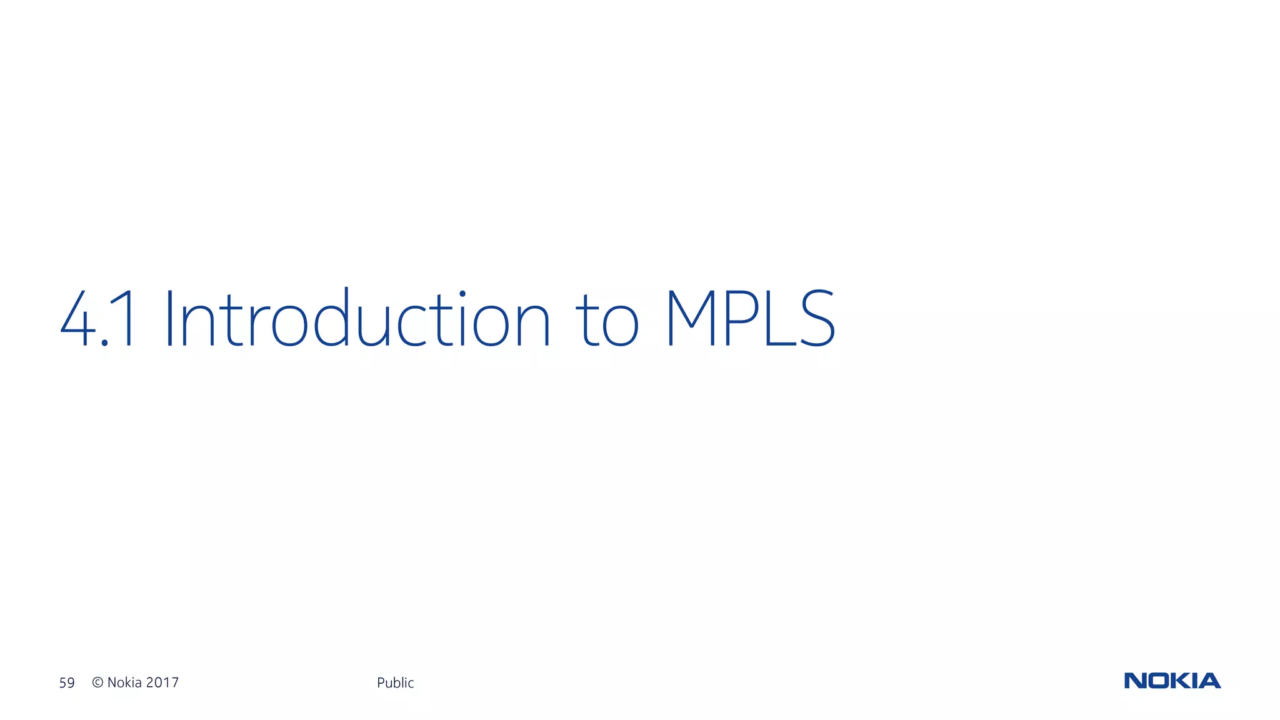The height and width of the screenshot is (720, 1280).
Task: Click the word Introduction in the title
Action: click(x=357, y=318)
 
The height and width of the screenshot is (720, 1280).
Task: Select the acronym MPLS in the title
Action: click(x=750, y=318)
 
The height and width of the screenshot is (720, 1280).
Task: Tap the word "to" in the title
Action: click(x=610, y=322)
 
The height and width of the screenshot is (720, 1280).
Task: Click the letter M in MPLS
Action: click(x=691, y=318)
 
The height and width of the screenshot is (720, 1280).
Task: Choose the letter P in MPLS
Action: click(x=738, y=318)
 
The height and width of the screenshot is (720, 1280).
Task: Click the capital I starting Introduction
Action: click(x=169, y=318)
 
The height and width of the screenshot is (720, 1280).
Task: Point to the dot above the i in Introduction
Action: click(x=462, y=292)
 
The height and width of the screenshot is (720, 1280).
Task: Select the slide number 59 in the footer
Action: click(x=67, y=682)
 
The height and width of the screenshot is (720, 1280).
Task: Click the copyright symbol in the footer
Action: click(x=97, y=682)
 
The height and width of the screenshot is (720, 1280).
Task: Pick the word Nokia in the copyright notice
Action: click(x=124, y=682)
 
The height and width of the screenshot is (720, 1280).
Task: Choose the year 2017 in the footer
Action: click(x=162, y=682)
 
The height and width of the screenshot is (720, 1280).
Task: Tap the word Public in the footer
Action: click(x=395, y=682)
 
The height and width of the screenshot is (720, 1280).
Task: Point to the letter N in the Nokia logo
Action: click(x=1135, y=681)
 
